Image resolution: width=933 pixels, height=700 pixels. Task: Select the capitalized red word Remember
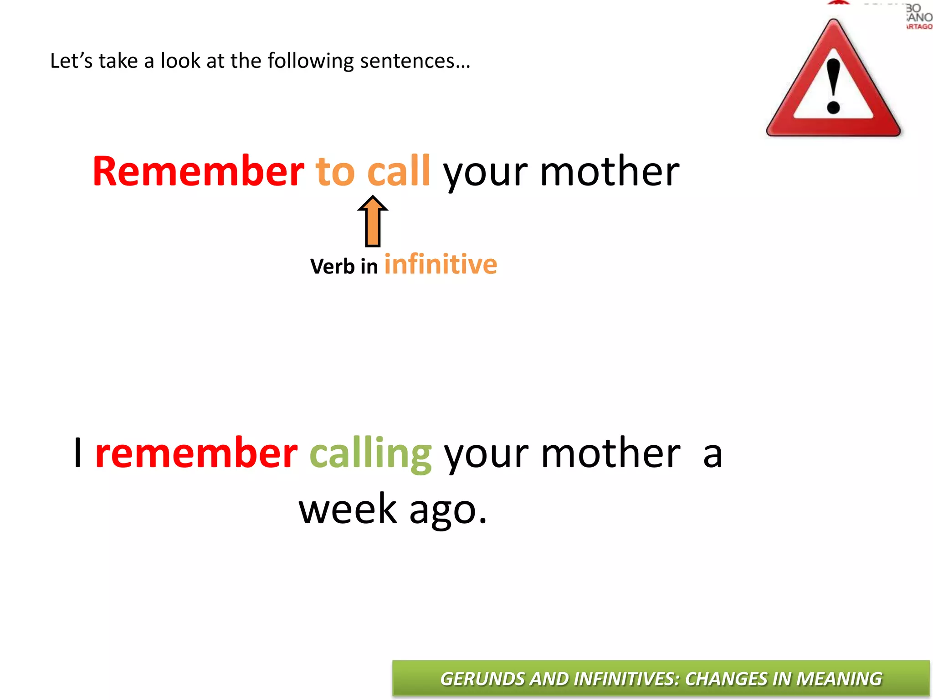(198, 172)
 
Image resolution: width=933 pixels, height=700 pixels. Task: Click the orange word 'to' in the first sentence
(335, 172)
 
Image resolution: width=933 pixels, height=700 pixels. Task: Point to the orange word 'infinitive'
(441, 264)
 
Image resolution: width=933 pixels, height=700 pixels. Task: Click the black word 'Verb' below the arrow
(332, 266)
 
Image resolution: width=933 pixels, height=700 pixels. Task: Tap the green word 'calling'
(370, 454)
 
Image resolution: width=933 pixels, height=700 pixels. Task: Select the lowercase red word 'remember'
(196, 454)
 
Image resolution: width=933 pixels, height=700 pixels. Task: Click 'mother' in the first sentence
(610, 172)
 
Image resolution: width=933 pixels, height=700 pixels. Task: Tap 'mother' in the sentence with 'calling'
(610, 454)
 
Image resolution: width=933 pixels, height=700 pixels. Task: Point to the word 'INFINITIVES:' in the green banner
(626, 679)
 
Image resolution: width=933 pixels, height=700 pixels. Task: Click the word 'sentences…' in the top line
(415, 61)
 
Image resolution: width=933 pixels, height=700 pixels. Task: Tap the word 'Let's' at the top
(71, 61)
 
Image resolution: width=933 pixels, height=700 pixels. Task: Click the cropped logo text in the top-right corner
(918, 17)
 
